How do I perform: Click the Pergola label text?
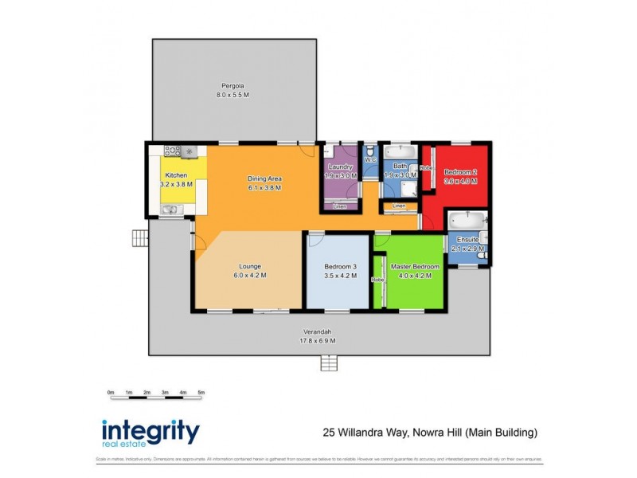[x=233, y=85]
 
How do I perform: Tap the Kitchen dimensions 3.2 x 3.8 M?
[x=176, y=183]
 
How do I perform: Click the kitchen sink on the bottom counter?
[x=170, y=210]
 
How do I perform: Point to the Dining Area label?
[x=264, y=178]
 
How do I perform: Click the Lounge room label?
[x=249, y=266]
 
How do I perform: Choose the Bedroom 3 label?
[x=340, y=266]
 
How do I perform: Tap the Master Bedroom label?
[x=414, y=266]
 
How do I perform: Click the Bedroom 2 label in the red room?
[x=460, y=172]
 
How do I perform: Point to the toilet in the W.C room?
[x=369, y=150]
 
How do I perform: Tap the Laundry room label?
[x=340, y=167]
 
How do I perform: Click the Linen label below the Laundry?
[x=339, y=206]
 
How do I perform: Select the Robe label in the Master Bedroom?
[x=377, y=280]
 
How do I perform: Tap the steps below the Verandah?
[x=330, y=363]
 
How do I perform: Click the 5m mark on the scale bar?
[x=201, y=393]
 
